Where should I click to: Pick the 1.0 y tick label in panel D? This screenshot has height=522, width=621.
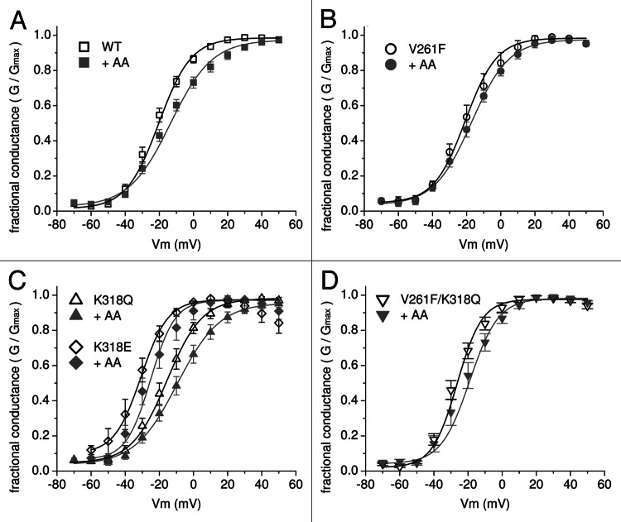click(x=348, y=295)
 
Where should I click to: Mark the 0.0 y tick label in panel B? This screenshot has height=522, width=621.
click(x=348, y=211)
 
